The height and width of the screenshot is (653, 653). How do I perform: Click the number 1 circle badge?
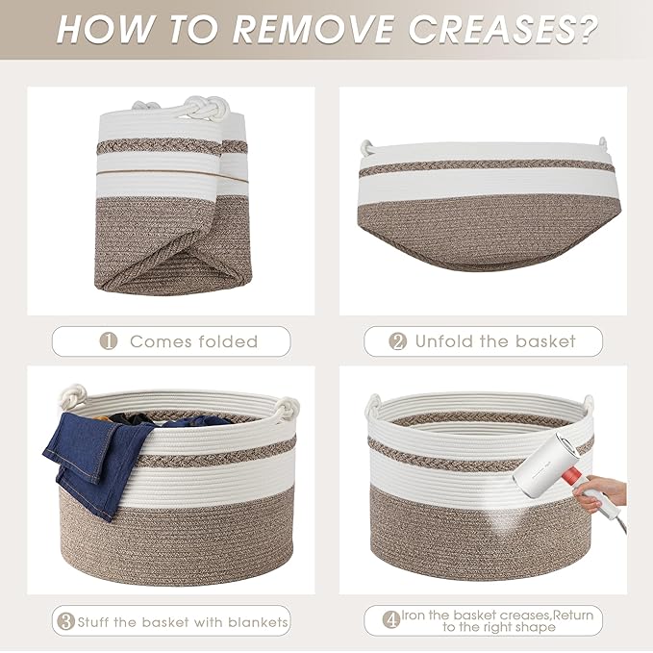click(x=109, y=341)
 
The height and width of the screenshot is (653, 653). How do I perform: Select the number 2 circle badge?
click(x=398, y=341)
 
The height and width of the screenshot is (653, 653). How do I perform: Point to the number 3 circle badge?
click(x=65, y=621)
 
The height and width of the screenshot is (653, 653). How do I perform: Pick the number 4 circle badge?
click(x=391, y=620)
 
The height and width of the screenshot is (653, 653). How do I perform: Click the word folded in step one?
click(x=228, y=341)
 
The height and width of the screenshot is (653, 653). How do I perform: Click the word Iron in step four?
click(x=414, y=615)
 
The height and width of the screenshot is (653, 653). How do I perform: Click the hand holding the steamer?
click(x=600, y=494)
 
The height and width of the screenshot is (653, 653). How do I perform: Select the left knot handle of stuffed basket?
click(x=73, y=396)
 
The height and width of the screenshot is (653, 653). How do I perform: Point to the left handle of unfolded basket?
click(x=367, y=147)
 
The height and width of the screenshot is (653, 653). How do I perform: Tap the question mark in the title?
click(x=585, y=30)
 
